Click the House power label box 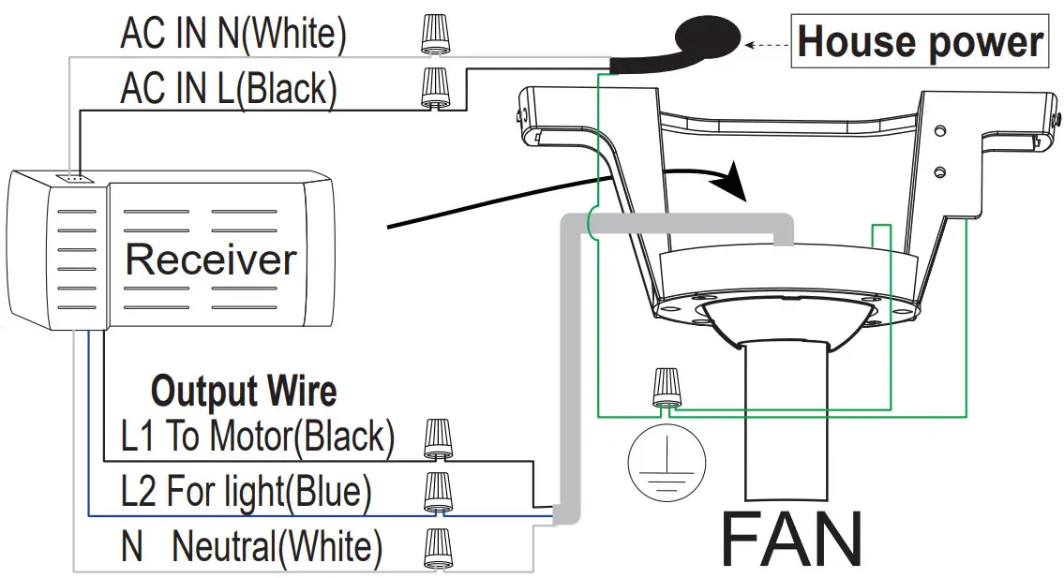coord(920,43)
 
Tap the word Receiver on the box coord(210,259)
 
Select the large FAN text coord(791,541)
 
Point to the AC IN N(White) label coord(233,35)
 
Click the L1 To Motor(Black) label coord(258,436)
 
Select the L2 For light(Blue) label coord(247,491)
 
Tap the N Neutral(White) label coord(251,546)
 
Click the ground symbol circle coord(665,461)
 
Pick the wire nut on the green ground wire coord(667,387)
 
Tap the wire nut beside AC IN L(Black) coord(433,88)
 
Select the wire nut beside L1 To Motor coord(437,437)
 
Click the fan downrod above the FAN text coord(787,422)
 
